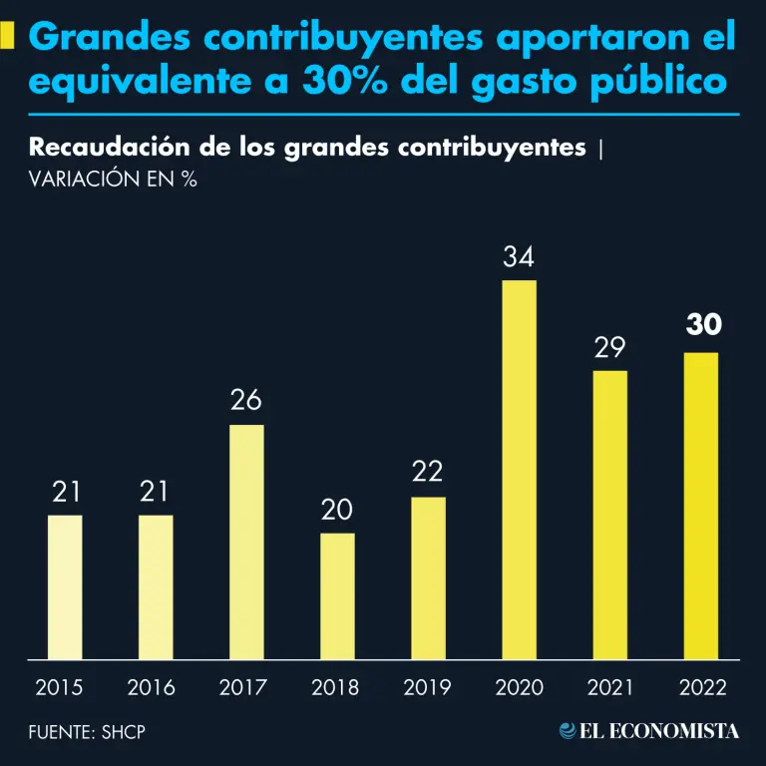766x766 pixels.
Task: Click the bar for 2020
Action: click(x=519, y=469)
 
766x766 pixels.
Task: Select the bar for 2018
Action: click(x=337, y=595)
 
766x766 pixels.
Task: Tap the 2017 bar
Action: click(x=246, y=542)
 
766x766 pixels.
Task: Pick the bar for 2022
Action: click(x=700, y=506)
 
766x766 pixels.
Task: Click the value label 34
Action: click(x=519, y=257)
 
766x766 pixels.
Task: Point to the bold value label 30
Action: click(x=703, y=326)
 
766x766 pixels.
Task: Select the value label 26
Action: click(x=246, y=401)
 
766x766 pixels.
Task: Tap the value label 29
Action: click(x=609, y=348)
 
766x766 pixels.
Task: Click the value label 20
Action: click(x=337, y=510)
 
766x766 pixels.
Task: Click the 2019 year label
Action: click(x=428, y=687)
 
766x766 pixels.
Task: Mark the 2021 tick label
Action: click(x=609, y=687)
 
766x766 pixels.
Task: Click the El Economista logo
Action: click(x=649, y=731)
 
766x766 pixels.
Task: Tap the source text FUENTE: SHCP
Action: click(x=87, y=732)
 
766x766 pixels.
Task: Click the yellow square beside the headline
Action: click(x=10, y=38)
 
